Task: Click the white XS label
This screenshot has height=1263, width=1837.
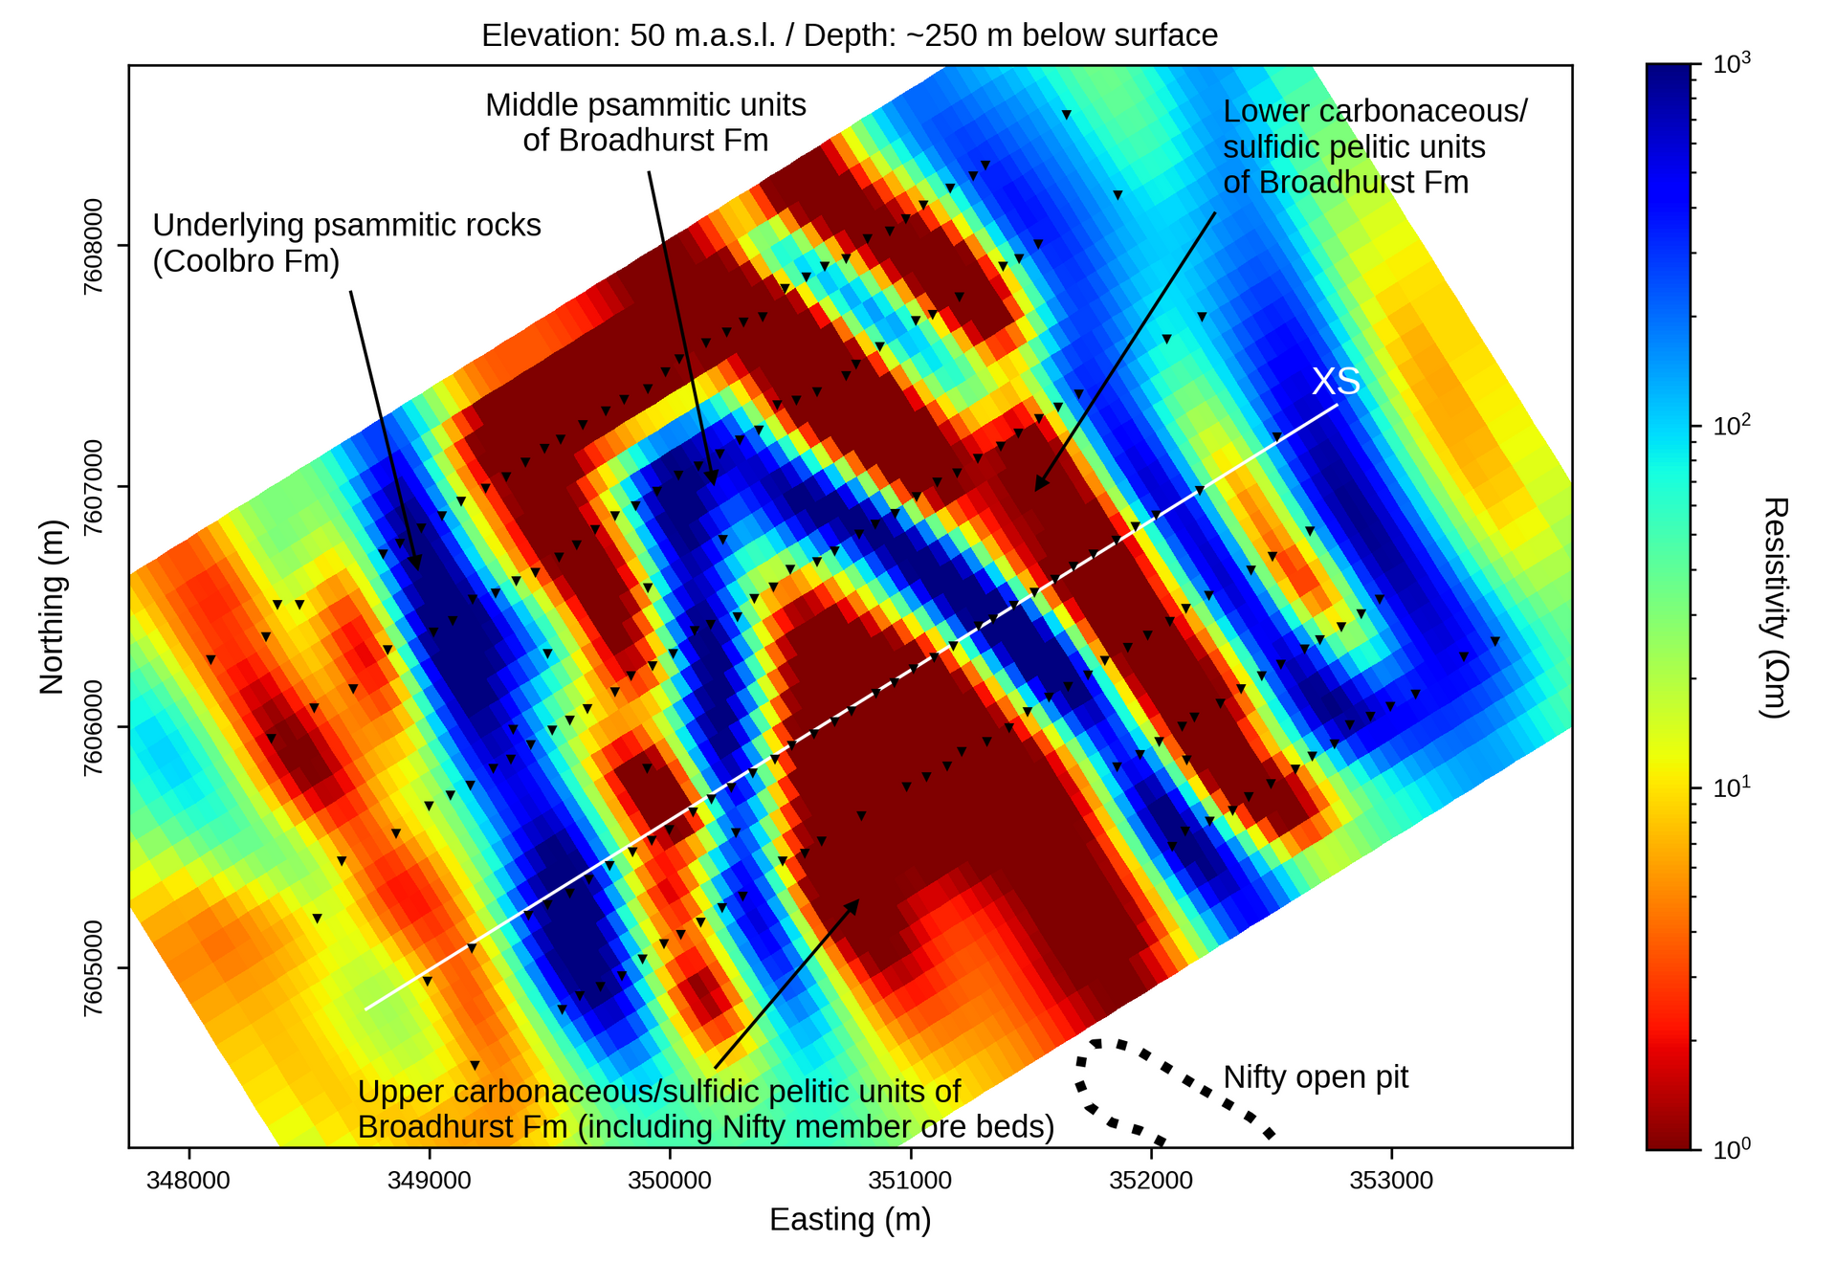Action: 1336,382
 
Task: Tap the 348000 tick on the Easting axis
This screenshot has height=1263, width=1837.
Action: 188,1181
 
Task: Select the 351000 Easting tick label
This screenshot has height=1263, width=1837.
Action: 910,1181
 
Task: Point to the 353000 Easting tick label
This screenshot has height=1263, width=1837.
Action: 1391,1181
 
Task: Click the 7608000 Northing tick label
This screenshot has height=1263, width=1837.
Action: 94,246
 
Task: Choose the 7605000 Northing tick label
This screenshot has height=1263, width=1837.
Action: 94,967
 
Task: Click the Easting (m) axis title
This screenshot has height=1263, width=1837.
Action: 850,1220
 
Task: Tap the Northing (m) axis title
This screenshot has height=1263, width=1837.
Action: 52,607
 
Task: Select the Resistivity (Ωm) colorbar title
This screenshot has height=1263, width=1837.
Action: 1774,607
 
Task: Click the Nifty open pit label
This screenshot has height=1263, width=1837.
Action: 1316,1077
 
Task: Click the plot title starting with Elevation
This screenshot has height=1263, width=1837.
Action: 850,35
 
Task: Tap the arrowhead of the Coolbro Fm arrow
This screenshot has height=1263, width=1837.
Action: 416,565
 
